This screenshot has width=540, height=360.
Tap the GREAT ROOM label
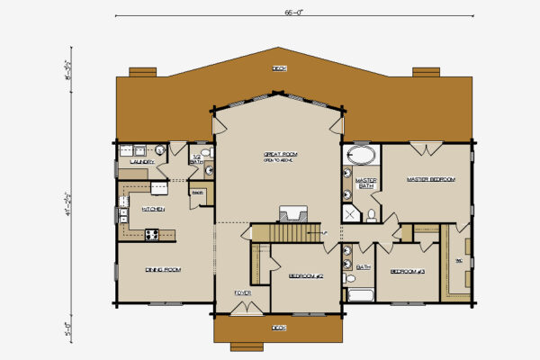[x=281, y=155]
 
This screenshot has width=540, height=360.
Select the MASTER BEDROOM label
[x=430, y=180]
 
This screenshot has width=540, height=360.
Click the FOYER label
[x=242, y=292]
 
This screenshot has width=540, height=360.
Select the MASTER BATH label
[x=365, y=184]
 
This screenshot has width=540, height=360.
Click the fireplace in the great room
[x=292, y=213]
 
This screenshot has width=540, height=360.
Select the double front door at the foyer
[x=242, y=309]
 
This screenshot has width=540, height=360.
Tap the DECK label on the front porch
[x=279, y=327]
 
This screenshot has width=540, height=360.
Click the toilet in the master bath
[x=371, y=214]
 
